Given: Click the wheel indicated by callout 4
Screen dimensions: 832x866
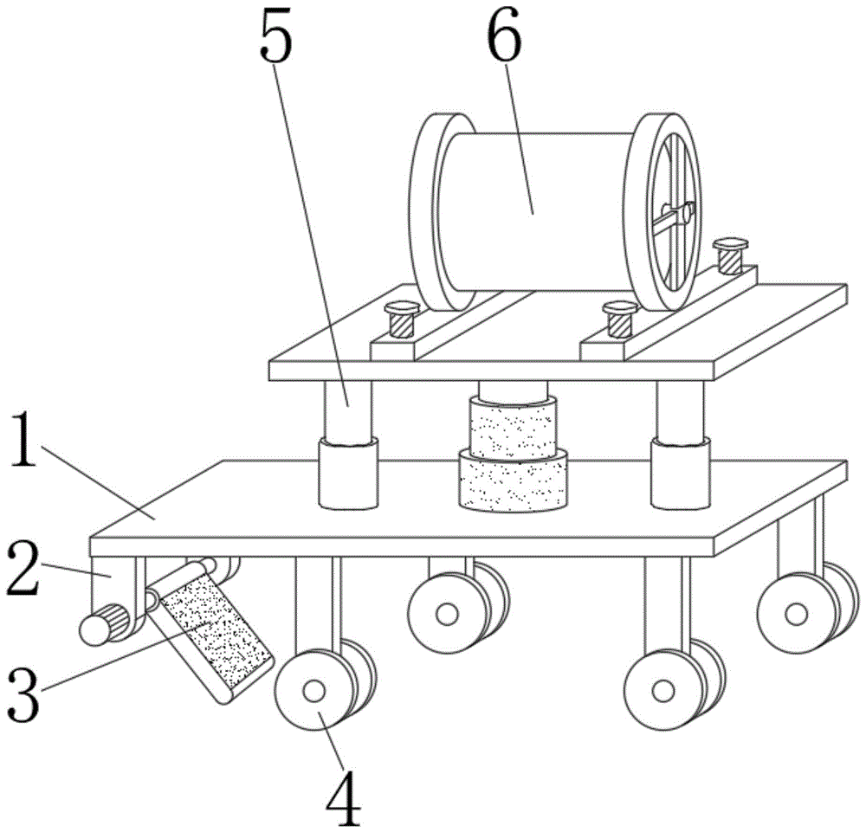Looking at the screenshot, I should click(313, 692).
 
